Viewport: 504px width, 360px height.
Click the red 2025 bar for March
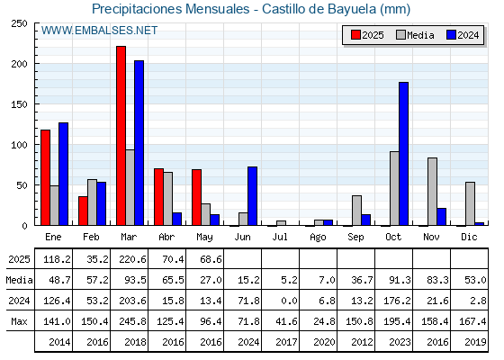point(121,136)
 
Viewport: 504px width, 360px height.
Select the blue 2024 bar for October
point(404,154)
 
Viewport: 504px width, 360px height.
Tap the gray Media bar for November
point(432,192)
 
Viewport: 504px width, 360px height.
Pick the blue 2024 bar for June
point(253,196)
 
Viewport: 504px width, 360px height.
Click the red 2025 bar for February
point(83,211)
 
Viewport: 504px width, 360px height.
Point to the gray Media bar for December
point(470,203)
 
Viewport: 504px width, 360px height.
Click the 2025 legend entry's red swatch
point(355,35)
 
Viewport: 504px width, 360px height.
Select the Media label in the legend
point(421,35)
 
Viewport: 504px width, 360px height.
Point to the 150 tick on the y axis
point(19,104)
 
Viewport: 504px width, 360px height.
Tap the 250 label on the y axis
point(19,23)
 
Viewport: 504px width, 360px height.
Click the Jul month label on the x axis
point(280,237)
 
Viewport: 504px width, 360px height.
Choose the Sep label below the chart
point(355,237)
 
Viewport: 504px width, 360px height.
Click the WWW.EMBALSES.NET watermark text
point(99,31)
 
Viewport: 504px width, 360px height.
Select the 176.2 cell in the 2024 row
point(397,301)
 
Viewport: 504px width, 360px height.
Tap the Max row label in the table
point(19,321)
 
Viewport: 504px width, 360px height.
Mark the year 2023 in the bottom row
point(400,342)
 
